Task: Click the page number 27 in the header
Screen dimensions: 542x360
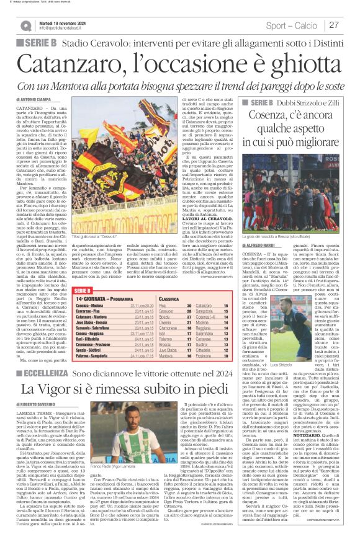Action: pos(333,25)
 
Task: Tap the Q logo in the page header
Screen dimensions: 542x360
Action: pos(25,25)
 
